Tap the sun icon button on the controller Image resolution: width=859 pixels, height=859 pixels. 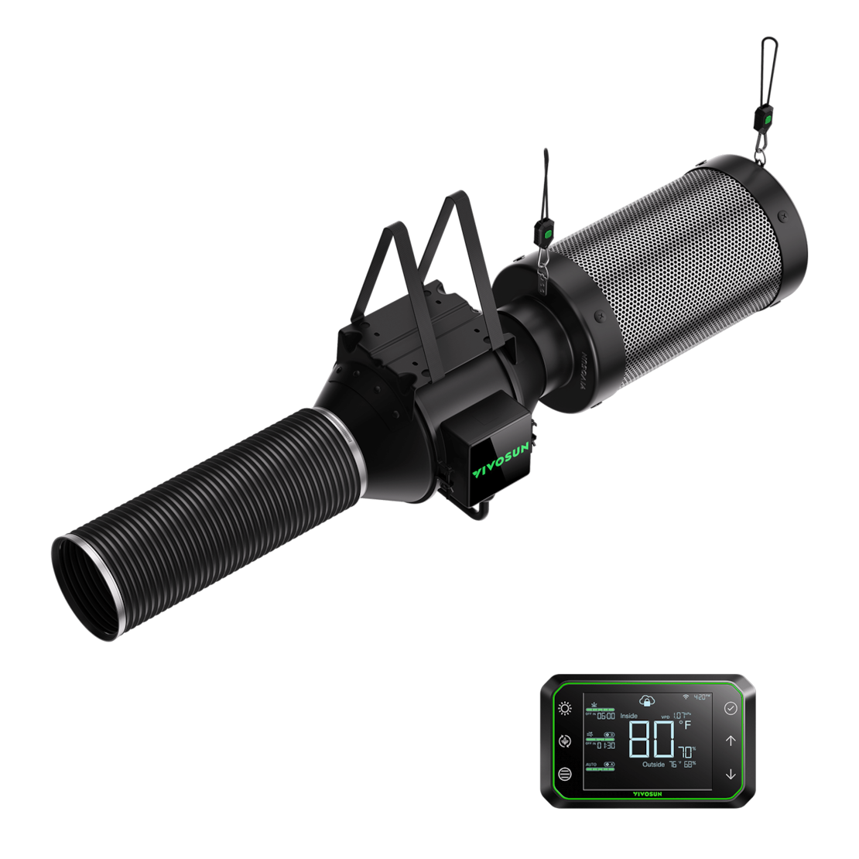566,708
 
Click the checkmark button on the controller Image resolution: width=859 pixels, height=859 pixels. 730,708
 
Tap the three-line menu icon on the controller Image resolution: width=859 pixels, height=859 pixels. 565,773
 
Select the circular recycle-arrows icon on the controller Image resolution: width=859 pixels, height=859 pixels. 565,741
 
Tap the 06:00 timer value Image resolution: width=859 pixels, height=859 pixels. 606,716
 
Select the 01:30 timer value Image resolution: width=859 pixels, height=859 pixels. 606,745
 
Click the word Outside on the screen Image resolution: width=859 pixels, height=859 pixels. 653,765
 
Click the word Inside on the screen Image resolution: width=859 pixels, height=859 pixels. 628,716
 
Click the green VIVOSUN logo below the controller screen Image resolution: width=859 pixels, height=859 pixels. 648,793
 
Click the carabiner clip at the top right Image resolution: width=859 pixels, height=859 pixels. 768,58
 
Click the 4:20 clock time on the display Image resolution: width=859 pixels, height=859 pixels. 702,696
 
